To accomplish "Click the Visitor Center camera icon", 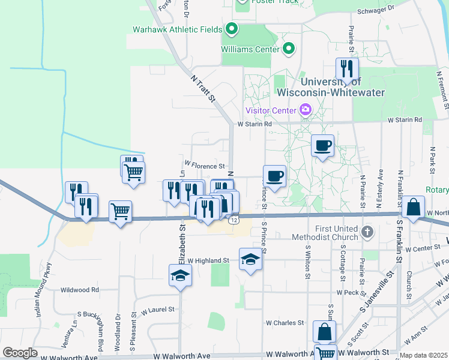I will click(306, 110).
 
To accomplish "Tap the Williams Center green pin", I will click(289, 49).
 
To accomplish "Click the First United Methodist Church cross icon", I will click(367, 231).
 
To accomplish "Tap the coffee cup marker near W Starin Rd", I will click(322, 145).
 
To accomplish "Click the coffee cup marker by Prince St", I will click(274, 176).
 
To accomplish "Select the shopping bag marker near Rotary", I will click(413, 207).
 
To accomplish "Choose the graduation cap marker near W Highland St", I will click(250, 259).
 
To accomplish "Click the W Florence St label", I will click(204, 164).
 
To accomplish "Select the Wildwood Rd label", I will click(79, 289).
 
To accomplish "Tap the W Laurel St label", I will click(157, 310).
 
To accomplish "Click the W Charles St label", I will click(284, 323).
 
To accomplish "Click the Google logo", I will click(20, 353).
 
